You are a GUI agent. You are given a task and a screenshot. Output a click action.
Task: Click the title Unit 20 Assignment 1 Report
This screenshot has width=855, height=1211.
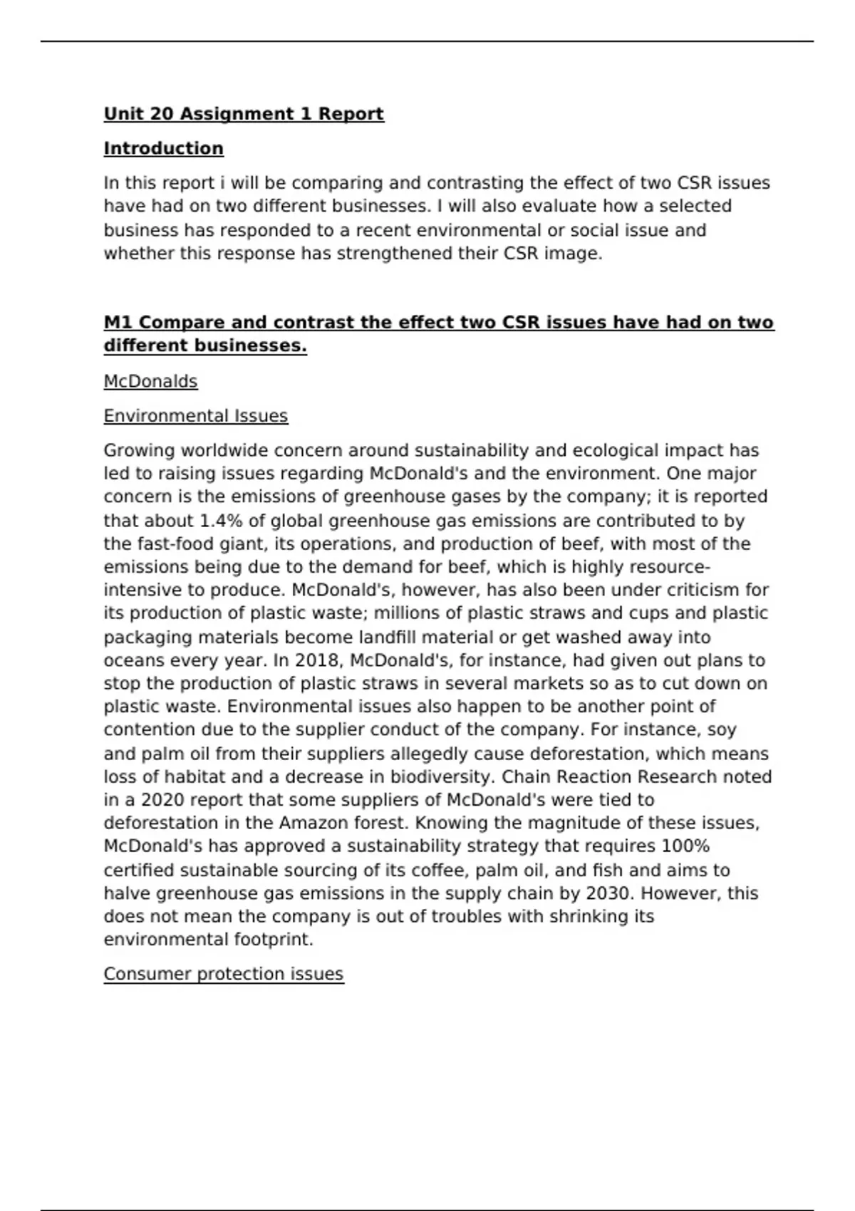point(244,114)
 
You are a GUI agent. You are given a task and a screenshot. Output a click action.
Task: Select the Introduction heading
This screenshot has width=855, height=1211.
point(163,149)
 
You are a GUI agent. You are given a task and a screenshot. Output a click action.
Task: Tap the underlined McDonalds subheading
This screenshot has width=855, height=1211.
point(150,382)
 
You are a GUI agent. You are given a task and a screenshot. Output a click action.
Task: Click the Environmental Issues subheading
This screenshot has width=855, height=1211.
point(196,416)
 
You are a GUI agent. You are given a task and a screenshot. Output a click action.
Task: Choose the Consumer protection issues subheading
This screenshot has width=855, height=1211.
point(224,974)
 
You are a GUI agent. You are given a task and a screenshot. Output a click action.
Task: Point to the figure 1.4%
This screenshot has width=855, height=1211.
point(219,521)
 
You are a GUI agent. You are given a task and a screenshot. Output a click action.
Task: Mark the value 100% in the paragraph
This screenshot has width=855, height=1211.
point(685,846)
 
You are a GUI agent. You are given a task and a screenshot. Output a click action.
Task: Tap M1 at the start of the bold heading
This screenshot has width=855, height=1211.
point(118,323)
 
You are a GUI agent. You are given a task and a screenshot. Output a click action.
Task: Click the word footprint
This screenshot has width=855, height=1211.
point(273,940)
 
